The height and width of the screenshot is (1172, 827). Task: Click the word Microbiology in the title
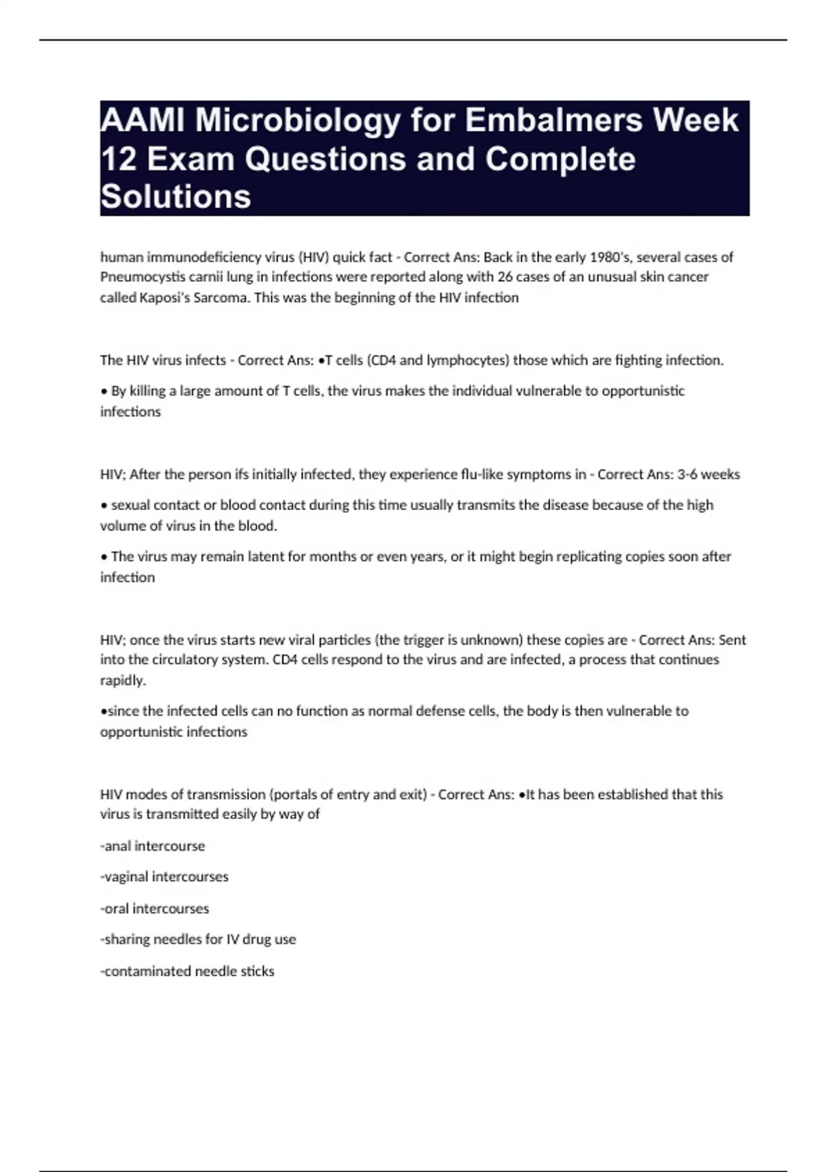pyautogui.click(x=297, y=121)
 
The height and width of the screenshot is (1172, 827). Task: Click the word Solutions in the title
pyautogui.click(x=176, y=196)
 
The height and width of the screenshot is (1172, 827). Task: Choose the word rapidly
pyautogui.click(x=123, y=680)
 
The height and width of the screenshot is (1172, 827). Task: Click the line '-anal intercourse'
pyautogui.click(x=152, y=846)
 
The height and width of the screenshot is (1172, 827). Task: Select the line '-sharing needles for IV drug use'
pyautogui.click(x=198, y=939)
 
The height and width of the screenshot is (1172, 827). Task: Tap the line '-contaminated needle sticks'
pyautogui.click(x=187, y=971)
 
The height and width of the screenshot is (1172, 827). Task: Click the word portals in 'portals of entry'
pyautogui.click(x=299, y=794)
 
